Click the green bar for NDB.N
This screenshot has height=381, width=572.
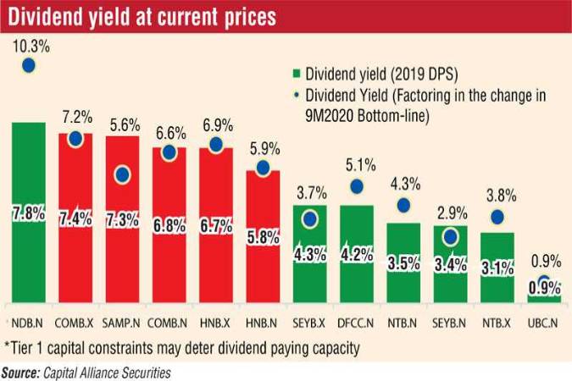[28, 212]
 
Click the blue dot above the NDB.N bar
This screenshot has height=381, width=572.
[28, 65]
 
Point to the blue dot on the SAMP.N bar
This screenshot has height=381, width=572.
[122, 175]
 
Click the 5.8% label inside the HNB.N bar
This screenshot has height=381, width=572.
[264, 238]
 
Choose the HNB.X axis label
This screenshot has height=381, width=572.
[216, 322]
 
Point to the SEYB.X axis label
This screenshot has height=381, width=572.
[310, 322]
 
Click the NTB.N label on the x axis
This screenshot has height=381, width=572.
[404, 322]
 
